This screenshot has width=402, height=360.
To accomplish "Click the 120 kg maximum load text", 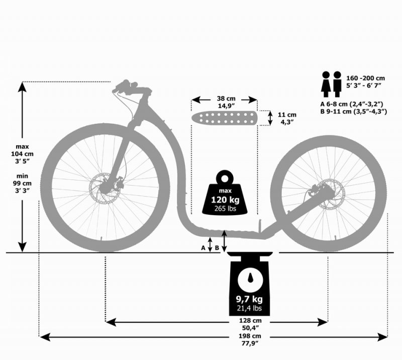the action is point(225,200).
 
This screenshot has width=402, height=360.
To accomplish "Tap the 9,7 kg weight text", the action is point(249,299).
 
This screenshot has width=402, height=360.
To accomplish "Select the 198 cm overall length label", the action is point(250,336).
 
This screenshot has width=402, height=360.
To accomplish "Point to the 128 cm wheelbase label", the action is point(250,320).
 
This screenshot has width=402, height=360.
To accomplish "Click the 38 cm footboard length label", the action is point(226,99).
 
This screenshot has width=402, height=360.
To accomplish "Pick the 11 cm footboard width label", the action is point(287,115).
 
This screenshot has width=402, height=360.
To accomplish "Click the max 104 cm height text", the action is point(22,154).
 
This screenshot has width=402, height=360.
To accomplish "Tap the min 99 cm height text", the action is point(22,183).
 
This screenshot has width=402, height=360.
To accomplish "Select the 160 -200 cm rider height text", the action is point(366,78).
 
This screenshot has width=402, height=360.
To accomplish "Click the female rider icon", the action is point(326,84).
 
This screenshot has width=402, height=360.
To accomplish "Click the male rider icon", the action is point(337,84).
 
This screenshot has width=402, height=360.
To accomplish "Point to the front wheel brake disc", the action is point(105,189).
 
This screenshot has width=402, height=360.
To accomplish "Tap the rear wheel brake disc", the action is point(330,194).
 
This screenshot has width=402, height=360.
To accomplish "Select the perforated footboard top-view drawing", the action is point(224,118).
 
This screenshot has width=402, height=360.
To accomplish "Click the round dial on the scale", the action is point(249,279).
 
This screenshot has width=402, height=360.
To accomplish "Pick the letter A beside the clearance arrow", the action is point(203,248).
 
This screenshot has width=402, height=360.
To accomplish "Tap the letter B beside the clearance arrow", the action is point(217,248).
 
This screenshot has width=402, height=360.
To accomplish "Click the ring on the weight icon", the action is point(225,178).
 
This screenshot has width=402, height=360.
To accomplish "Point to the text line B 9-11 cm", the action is point(354,112).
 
